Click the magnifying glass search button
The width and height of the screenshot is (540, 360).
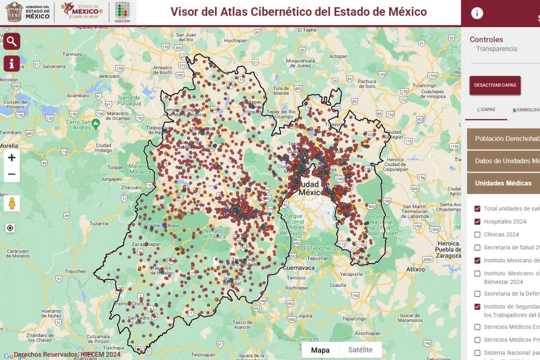tap(12, 41)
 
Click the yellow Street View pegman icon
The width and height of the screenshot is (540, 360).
tap(12, 203)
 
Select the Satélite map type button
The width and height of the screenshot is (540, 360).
tap(360, 350)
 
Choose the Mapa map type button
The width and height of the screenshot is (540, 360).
tap(320, 350)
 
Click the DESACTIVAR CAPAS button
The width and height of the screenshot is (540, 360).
tap(495, 85)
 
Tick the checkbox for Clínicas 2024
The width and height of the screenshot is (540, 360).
tap(477, 234)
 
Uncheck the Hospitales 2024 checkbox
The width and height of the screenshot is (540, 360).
tap(477, 221)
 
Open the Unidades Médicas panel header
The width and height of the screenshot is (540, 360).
tap(503, 183)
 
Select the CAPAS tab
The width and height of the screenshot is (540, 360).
tap(486, 109)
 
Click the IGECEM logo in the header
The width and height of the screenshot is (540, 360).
tap(122, 12)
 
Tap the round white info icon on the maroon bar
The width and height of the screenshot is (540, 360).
tap(477, 13)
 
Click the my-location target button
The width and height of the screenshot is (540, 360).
tap(11, 228)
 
